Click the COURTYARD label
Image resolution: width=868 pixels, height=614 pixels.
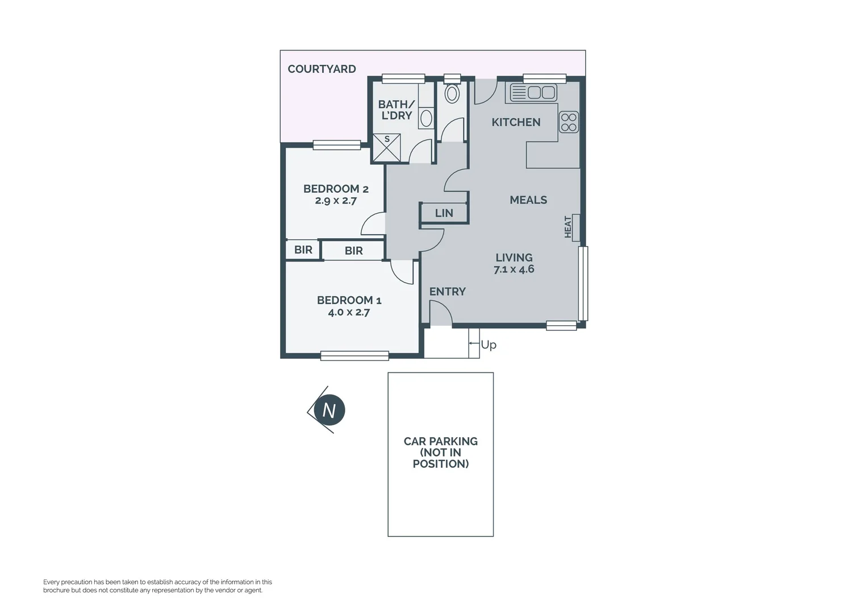coord(322,69)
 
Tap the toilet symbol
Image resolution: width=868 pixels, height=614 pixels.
coord(452,93)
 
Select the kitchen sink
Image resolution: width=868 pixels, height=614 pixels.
coord(533,92)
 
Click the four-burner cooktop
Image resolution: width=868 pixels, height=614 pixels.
coord(569,122)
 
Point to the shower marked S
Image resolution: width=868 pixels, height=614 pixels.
coord(386,148)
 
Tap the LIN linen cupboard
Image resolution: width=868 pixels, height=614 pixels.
coord(444,213)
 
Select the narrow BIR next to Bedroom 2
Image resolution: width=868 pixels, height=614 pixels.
coord(303,250)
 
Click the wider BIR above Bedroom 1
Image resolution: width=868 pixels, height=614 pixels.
coord(353,251)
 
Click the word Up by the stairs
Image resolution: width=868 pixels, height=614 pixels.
coord(489,345)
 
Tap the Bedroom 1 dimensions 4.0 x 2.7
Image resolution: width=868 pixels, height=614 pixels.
coord(349,312)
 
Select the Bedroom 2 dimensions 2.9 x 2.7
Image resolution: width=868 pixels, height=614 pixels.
coord(336,201)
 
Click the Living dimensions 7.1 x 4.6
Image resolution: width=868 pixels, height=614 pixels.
coord(514,269)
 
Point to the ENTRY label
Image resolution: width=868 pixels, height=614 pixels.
coord(447,292)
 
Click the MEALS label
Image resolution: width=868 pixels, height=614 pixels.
coord(528,200)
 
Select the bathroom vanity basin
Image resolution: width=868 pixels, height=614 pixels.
coord(426,118)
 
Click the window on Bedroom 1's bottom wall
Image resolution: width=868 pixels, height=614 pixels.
coord(354,356)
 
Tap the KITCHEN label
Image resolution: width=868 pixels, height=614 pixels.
coord(516,122)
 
